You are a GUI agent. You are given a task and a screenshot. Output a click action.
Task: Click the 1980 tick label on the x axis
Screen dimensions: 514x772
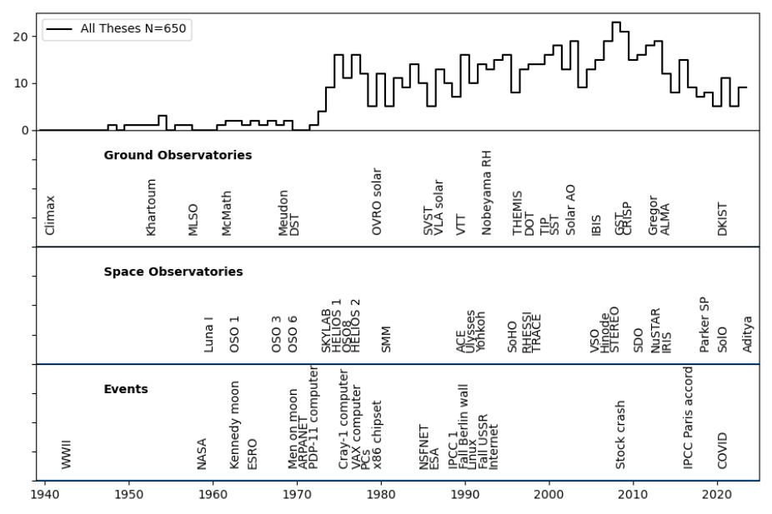381,495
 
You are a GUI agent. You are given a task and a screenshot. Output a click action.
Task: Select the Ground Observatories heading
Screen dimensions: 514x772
178,155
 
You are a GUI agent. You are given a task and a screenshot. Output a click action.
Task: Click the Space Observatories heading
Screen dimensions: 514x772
173,272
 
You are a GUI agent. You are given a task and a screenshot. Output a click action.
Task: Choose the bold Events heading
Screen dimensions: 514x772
126,388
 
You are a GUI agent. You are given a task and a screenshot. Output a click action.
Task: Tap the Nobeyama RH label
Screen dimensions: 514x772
487,193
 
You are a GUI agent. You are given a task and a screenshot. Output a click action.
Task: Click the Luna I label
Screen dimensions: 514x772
209,334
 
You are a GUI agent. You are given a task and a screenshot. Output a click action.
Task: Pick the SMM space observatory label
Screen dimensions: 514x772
386,340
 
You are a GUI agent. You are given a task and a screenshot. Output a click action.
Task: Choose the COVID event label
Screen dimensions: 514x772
723,451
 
